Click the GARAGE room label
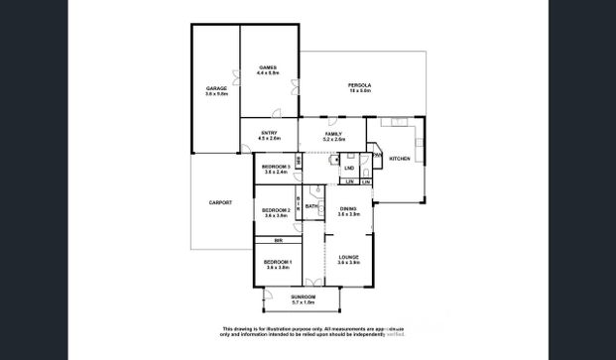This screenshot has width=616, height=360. tap(216, 88)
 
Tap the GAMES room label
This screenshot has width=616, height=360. tap(267, 67)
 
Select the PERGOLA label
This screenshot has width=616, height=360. tap(359, 86)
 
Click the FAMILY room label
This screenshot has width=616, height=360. tap(333, 134)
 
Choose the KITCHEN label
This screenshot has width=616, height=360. tap(399, 159)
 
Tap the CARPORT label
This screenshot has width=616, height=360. tap(220, 202)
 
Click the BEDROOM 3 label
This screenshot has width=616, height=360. tap(276, 166)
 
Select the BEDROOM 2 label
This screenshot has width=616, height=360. tap(276, 210)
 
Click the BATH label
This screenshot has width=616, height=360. tap(311, 206)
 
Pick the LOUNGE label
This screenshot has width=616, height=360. tap(347, 257)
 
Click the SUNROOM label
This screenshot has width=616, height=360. tap(302, 298)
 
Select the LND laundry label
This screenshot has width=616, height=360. tap(349, 169)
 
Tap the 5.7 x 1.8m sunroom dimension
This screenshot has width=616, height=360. tap(302, 303)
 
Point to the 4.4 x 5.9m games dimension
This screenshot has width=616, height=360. tap(267, 73)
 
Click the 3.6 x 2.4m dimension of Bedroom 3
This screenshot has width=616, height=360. tap(276, 173)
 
